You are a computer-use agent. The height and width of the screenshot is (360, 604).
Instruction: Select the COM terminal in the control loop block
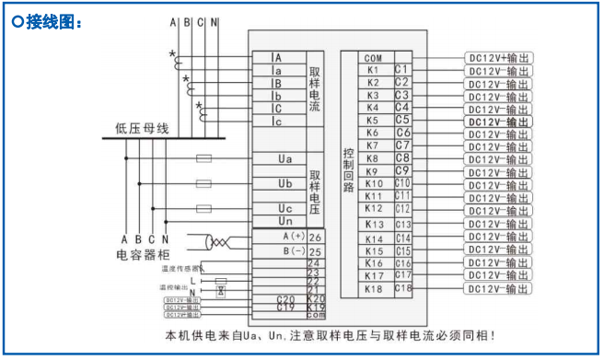(372, 58)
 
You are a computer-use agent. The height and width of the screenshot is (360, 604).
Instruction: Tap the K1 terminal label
(372, 70)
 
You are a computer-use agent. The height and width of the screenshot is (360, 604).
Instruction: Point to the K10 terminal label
(373, 183)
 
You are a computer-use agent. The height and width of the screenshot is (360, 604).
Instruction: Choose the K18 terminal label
(373, 289)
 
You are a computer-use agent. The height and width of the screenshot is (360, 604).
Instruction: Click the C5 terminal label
(401, 120)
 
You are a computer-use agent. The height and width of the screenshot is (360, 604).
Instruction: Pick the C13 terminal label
(402, 224)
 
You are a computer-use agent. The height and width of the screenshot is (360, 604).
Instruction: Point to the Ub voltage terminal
(285, 183)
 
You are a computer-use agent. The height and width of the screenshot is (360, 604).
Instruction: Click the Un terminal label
(285, 221)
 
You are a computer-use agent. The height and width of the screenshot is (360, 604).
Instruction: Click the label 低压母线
(142, 128)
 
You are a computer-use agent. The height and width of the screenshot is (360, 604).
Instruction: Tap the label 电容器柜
(144, 255)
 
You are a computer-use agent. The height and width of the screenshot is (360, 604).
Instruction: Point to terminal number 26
(316, 238)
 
